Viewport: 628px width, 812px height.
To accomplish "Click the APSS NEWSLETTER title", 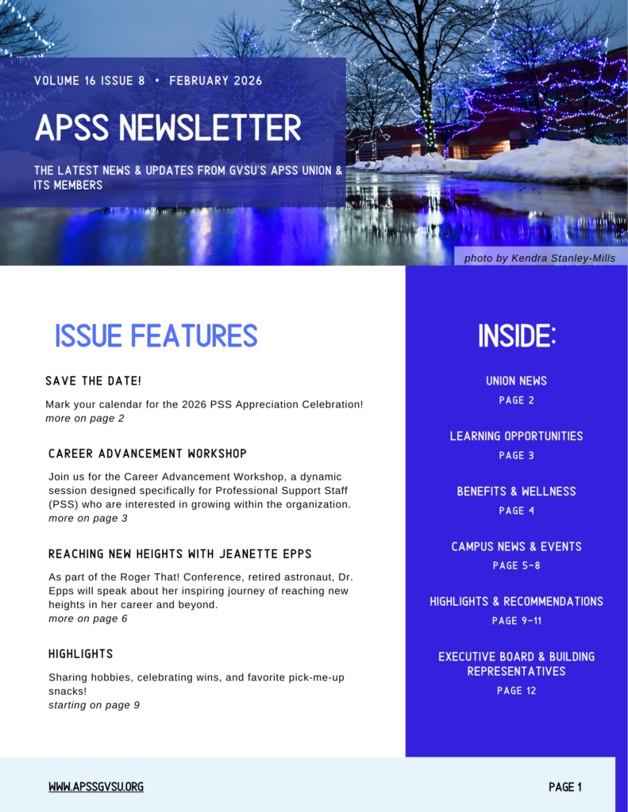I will (168, 128).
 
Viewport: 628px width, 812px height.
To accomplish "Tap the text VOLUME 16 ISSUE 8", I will (90, 81).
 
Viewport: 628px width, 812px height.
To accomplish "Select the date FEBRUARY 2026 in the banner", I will (215, 81).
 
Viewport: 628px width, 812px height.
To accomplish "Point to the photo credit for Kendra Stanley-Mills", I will (539, 258).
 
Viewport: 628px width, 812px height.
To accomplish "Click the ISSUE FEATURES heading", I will (156, 336).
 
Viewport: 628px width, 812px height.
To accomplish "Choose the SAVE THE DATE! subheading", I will (94, 381).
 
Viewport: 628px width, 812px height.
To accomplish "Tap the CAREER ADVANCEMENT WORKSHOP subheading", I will (148, 454).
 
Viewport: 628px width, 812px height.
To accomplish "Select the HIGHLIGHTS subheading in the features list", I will (81, 654).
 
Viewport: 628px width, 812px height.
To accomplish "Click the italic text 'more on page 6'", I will (88, 619).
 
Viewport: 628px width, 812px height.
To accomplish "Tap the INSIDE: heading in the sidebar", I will (517, 337).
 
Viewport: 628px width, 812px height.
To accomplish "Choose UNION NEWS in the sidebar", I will (516, 381).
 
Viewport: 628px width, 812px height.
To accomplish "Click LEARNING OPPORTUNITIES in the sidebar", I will (516, 436).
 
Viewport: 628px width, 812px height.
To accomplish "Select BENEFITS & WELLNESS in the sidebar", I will (516, 492).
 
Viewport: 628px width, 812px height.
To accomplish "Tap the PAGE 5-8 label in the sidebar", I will (516, 565).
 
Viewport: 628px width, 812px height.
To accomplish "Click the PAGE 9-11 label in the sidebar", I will (516, 621).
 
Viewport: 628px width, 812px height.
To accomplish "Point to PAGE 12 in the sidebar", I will (516, 691).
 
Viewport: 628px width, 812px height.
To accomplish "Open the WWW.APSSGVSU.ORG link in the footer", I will (96, 787).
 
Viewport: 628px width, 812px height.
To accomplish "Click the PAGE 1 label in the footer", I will (565, 787).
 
